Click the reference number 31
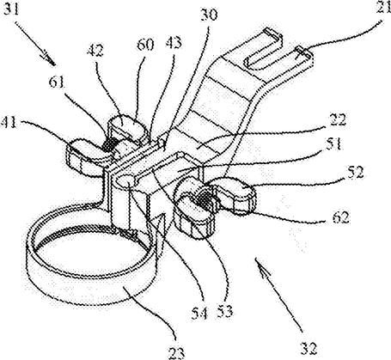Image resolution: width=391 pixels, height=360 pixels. pyautogui.click(x=10, y=9)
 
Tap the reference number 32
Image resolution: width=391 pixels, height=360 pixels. pyautogui.click(x=309, y=348)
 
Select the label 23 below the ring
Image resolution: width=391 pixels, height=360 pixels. pyautogui.click(x=176, y=351)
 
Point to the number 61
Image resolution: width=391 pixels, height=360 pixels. pyautogui.click(x=57, y=82)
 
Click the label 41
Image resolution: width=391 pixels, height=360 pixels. pyautogui.click(x=9, y=123)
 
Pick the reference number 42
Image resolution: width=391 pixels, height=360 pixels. pyautogui.click(x=96, y=51)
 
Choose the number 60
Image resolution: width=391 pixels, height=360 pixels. pyautogui.click(x=145, y=45)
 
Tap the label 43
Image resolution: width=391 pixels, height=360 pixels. pyautogui.click(x=174, y=43)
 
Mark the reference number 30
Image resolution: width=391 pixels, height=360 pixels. pyautogui.click(x=209, y=15)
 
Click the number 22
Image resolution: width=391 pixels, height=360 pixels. pyautogui.click(x=339, y=119)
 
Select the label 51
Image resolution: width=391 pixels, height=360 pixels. pyautogui.click(x=334, y=143)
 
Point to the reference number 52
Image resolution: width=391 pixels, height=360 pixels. pyautogui.click(x=355, y=172)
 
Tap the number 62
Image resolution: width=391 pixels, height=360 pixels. pyautogui.click(x=341, y=217)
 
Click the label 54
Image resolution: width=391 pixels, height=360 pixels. pyautogui.click(x=200, y=313)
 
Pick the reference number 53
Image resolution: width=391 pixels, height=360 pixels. pyautogui.click(x=224, y=311)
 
